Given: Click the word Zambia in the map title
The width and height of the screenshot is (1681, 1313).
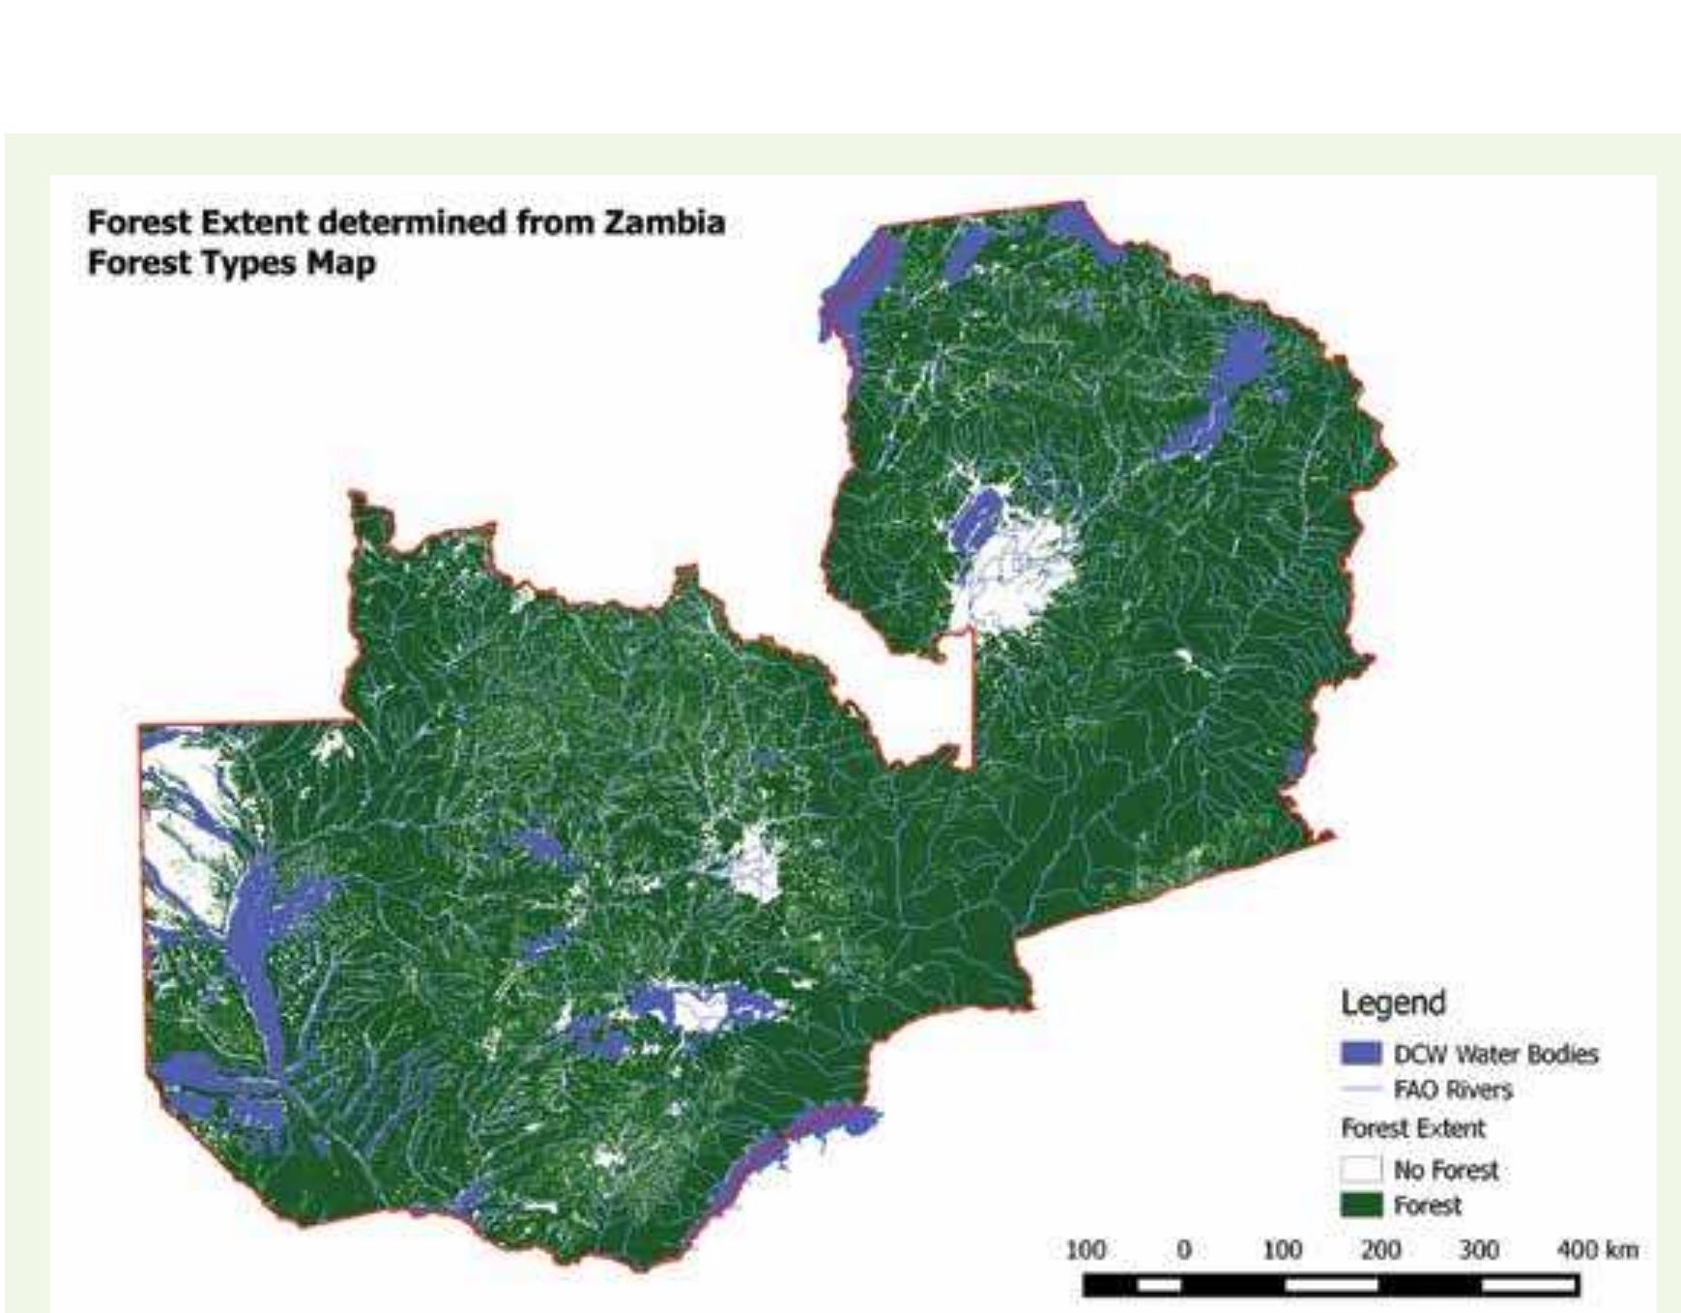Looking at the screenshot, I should click(664, 222).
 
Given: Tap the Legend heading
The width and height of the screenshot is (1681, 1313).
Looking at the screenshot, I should click(1392, 1003).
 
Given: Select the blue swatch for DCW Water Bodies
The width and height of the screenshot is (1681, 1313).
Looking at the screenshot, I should click(1360, 1053).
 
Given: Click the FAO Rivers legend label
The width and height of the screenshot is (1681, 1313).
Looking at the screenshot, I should click(1452, 1090).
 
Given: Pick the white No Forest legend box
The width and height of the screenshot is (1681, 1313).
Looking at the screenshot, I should click(1360, 1169).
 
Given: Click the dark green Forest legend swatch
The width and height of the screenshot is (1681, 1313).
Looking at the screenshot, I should click(1360, 1205).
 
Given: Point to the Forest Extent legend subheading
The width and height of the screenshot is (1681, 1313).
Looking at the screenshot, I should click(1412, 1128).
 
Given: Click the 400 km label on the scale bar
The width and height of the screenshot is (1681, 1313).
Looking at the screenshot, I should click(1596, 1250).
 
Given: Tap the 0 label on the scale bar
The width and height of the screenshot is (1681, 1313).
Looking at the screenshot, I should click(1182, 1250).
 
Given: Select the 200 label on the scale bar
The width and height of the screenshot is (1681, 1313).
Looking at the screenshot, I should click(1379, 1250).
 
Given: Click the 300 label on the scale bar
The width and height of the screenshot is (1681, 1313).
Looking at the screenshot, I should click(1478, 1250).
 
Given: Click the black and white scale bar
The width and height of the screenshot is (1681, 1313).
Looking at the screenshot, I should click(1330, 1285).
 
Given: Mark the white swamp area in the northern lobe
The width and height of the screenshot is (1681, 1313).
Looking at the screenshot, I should click(1020, 570).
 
